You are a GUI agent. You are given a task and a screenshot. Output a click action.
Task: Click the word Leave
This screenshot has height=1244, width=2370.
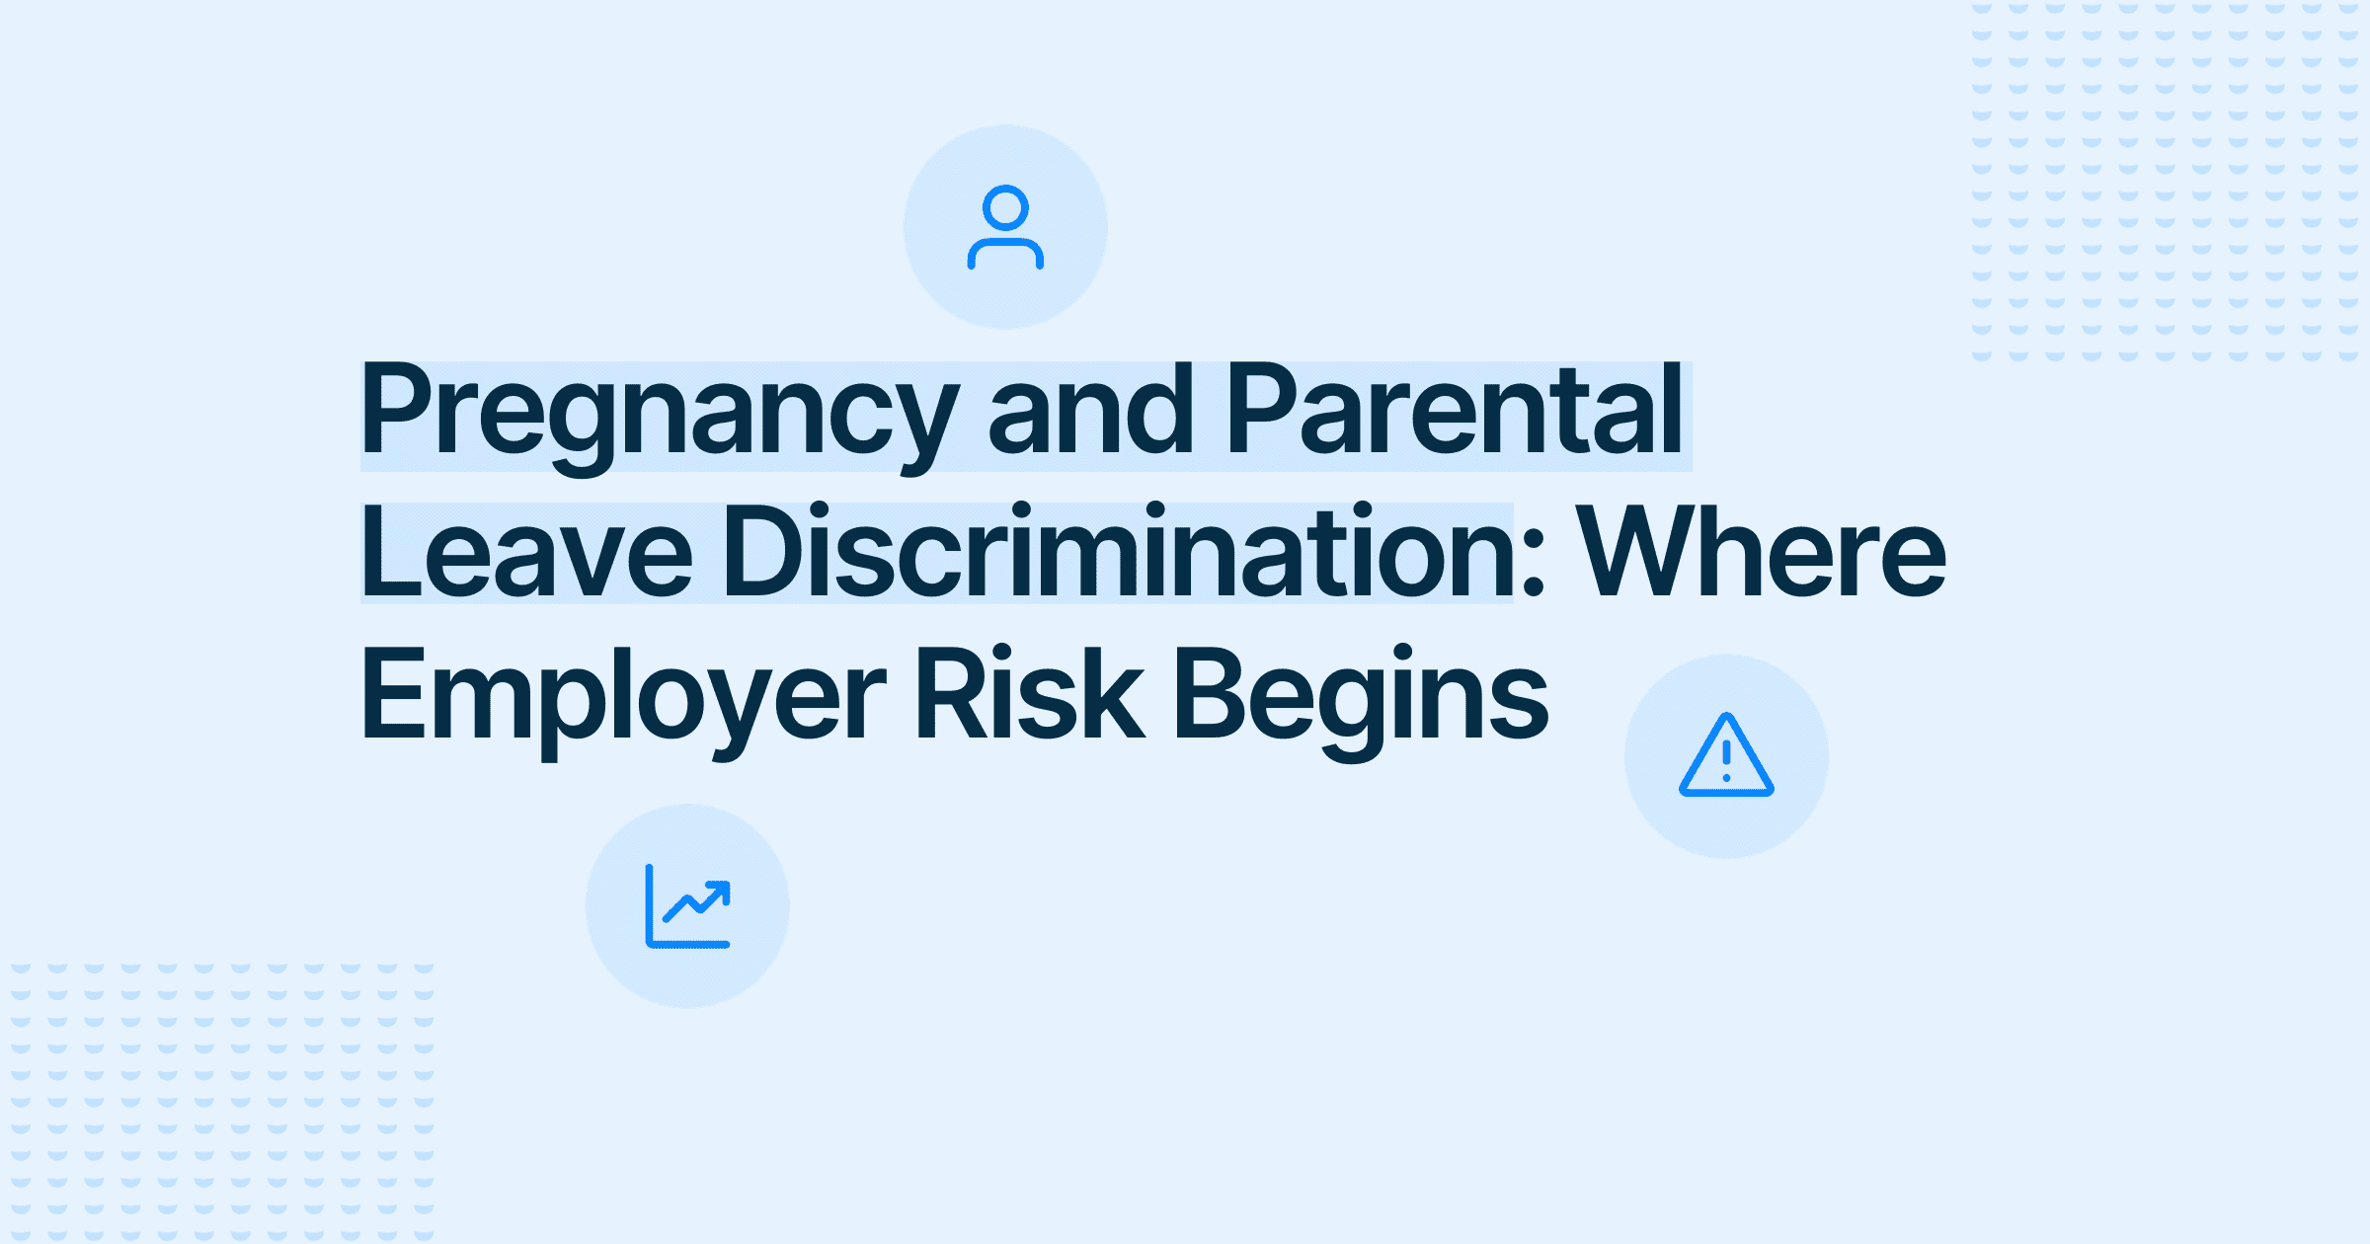[527, 551]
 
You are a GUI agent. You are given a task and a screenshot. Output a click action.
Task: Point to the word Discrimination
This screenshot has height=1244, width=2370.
[1117, 551]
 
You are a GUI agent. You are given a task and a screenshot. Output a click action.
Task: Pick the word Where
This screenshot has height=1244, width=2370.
[1761, 551]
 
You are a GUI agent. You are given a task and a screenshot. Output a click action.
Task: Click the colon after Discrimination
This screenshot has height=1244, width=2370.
[1533, 569]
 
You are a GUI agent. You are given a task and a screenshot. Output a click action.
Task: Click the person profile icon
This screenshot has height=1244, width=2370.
[1005, 227]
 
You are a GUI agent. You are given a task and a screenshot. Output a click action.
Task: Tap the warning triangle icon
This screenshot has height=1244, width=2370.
[1726, 755]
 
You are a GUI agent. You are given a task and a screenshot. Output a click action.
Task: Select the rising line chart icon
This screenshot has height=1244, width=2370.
[688, 906]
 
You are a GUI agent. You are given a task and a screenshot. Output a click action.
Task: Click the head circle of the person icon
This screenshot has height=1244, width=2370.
[1005, 207]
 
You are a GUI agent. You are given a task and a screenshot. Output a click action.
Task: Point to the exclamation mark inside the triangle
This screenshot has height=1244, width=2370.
[1726, 761]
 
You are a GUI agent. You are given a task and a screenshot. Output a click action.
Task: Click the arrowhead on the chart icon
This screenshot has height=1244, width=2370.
[718, 893]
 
